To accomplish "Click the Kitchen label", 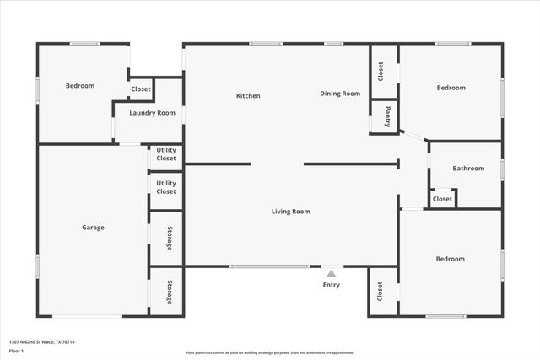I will (248, 96).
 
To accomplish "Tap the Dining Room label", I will (340, 94).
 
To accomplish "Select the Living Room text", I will (290, 212).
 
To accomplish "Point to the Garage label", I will (93, 228).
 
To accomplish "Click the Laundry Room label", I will (152, 113).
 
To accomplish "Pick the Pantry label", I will (387, 116).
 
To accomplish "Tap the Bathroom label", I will (468, 169).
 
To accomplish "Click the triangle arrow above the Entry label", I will (332, 273).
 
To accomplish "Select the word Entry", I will (332, 285).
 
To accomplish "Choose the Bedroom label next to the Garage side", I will (80, 86).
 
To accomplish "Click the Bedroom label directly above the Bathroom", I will (451, 88).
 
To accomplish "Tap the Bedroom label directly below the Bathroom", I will (450, 259).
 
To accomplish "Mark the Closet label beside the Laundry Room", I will (141, 89).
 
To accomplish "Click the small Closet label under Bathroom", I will (442, 199).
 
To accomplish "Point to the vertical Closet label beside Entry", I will (381, 292).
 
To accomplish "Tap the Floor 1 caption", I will (16, 350).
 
